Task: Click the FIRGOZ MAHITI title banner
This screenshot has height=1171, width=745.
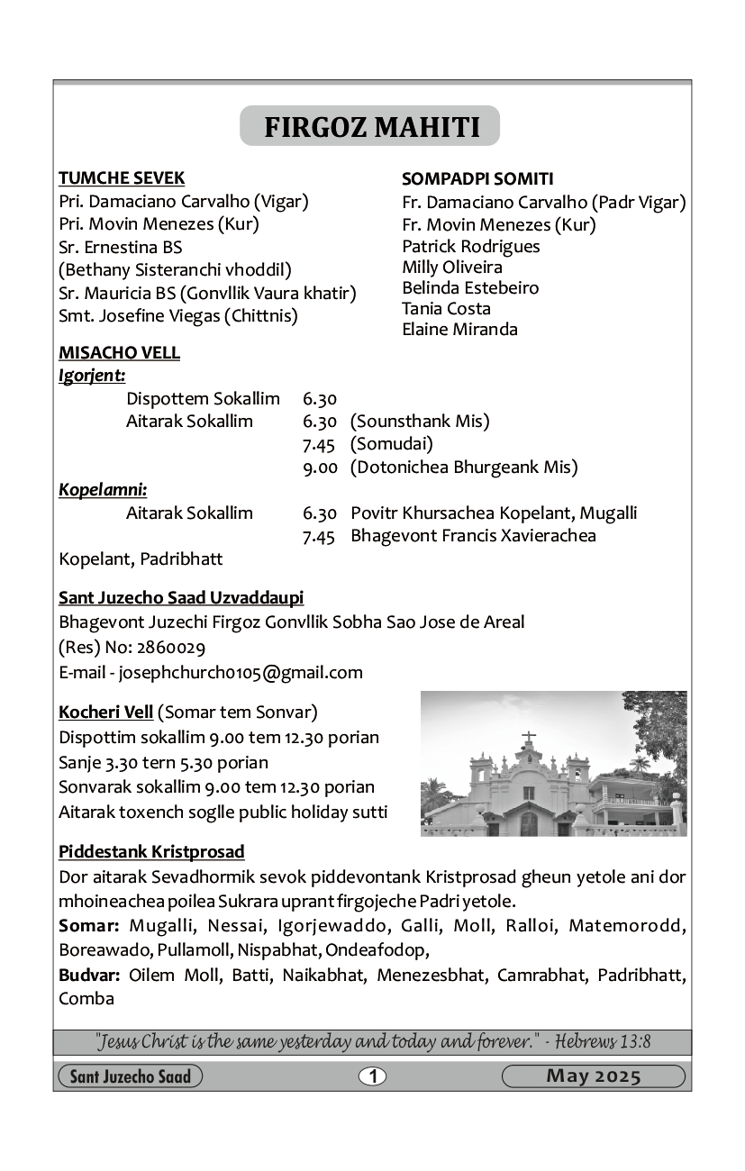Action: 370,127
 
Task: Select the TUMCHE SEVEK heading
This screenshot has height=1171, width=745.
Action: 122,177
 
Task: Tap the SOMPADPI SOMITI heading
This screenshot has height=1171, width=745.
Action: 477,178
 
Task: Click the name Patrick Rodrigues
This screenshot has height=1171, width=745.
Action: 471,246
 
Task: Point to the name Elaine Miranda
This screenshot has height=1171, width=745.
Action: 459,329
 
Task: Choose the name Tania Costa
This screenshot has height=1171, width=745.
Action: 446,308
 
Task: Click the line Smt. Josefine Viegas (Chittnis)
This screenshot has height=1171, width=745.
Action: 178,315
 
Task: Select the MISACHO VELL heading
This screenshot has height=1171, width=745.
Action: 119,352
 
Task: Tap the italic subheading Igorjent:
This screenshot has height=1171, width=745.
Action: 92,375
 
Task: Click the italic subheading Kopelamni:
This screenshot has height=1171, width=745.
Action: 103,490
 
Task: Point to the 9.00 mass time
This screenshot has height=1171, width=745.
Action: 320,467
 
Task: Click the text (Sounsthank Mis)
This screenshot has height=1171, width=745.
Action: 420,421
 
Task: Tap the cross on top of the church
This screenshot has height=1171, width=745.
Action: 529,737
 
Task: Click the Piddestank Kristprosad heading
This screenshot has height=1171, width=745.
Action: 151,851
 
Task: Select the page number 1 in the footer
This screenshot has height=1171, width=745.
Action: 372,1076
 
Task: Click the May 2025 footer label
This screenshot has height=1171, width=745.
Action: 593,1076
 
